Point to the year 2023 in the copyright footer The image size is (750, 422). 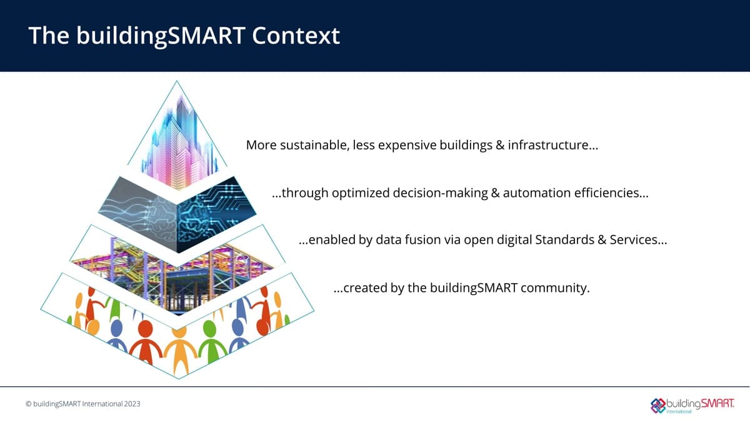132,404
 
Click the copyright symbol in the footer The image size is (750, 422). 29,404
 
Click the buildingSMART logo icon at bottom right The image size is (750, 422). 659,404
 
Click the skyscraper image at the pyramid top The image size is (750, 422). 177,141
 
